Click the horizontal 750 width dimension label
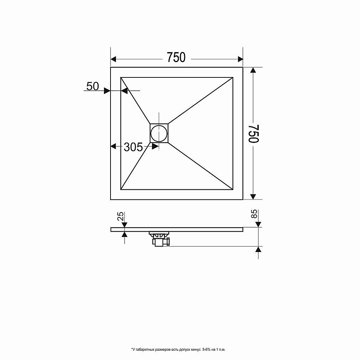pyautogui.click(x=176, y=58)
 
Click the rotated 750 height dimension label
pyautogui.click(x=254, y=134)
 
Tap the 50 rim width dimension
pyautogui.click(x=93, y=86)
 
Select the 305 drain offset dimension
pyautogui.click(x=133, y=147)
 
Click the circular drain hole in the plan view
pyautogui.click(x=159, y=133)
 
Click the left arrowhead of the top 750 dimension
pyautogui.click(x=114, y=59)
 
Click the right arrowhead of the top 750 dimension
pyautogui.click(x=240, y=59)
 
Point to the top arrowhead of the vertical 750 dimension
pyautogui.click(x=253, y=71)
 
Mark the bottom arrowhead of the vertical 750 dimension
pyautogui.click(x=253, y=196)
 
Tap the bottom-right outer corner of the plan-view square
pyautogui.click(x=243, y=199)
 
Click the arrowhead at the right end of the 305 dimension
pyautogui.click(x=156, y=147)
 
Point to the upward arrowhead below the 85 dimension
pyautogui.click(x=258, y=250)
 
